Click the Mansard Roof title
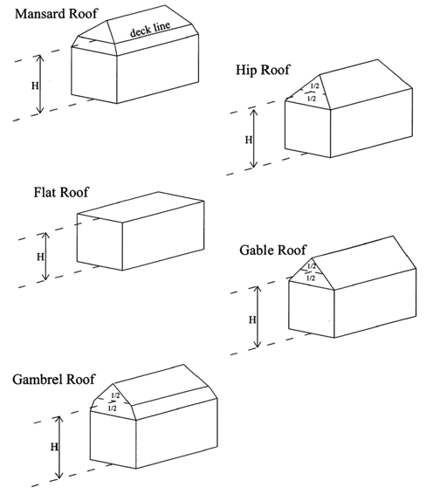[56, 14]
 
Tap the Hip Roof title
[263, 70]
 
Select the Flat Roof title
[61, 192]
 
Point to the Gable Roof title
[272, 250]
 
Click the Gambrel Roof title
[53, 379]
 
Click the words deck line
[150, 29]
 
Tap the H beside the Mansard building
[35, 86]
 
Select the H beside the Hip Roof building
[249, 140]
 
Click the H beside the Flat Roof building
[40, 257]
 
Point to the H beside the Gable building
[252, 320]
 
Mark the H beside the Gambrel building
[54, 447]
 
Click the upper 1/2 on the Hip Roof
[315, 86]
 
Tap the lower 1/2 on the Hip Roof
[312, 99]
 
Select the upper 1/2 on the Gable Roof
[312, 266]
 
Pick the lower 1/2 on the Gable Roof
[311, 278]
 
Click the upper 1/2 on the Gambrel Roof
[115, 395]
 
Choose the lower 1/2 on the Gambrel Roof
[112, 408]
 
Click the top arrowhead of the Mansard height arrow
[39, 58]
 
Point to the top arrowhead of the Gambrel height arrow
[58, 419]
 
